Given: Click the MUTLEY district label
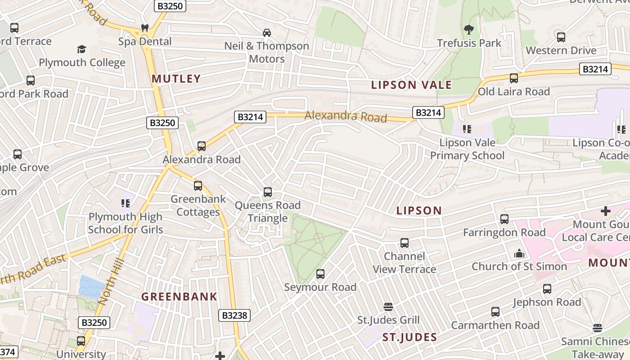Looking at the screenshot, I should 176,79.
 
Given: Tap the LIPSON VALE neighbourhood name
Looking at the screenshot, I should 411,85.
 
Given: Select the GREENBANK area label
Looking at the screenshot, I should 180,297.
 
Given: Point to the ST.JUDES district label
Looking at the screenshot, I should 409,337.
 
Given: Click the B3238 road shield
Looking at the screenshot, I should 235,315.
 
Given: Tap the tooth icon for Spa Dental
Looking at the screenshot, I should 145,28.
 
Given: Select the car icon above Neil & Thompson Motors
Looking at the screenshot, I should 267,32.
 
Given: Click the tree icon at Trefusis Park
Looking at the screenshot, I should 469,30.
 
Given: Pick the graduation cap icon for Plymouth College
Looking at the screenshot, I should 81,49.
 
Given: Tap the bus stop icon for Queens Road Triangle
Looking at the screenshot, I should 268,192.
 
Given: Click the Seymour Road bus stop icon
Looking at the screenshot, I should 320,274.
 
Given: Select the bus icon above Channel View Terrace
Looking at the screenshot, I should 405,243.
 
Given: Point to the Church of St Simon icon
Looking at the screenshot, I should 519,253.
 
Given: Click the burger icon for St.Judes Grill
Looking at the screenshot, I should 388,307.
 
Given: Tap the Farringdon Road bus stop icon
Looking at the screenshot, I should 504,219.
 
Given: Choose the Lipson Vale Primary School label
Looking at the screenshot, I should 467,149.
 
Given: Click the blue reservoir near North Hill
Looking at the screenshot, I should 91,286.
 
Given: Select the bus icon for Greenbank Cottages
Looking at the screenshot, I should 198,185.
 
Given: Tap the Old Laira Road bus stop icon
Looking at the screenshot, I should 514,78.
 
